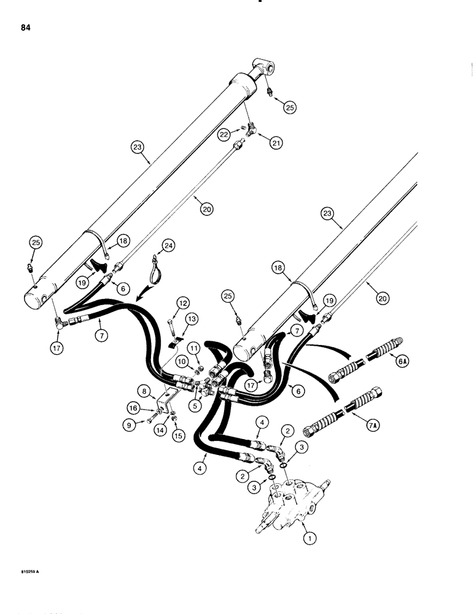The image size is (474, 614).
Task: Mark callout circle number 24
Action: click(169, 247)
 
